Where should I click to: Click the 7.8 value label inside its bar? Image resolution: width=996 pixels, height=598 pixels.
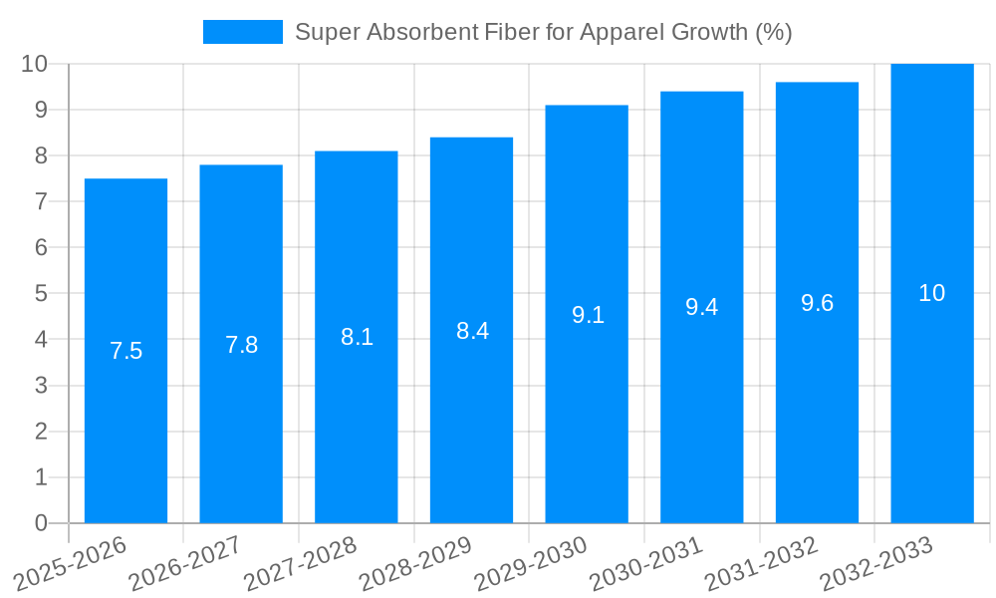tap(241, 345)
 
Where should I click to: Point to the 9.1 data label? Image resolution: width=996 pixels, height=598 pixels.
tap(588, 315)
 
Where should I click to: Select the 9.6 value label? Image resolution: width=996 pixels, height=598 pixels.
tap(817, 304)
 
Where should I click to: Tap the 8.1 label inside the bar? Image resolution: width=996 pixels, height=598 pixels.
tap(357, 337)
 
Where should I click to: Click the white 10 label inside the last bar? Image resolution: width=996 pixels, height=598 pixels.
tap(931, 293)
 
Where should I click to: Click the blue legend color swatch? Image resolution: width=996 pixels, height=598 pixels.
tap(242, 32)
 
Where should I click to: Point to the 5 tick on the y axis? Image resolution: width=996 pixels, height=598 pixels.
tap(41, 293)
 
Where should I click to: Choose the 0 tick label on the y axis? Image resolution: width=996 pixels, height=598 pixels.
tap(41, 523)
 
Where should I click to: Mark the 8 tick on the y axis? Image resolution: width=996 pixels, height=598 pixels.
tap(41, 155)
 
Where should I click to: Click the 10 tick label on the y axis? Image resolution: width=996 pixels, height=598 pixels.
tap(35, 64)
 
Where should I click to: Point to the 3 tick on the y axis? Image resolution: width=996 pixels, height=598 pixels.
tap(41, 386)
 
